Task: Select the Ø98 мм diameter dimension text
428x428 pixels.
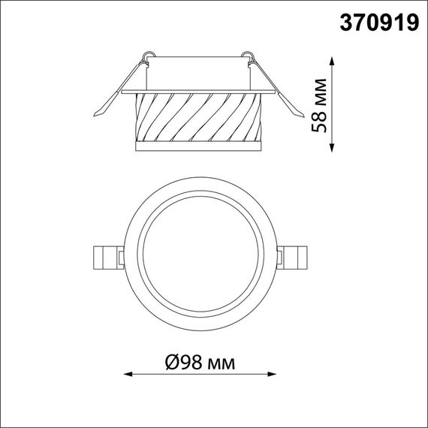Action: pyautogui.click(x=199, y=364)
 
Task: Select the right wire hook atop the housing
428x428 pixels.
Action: pyautogui.click(x=247, y=55)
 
